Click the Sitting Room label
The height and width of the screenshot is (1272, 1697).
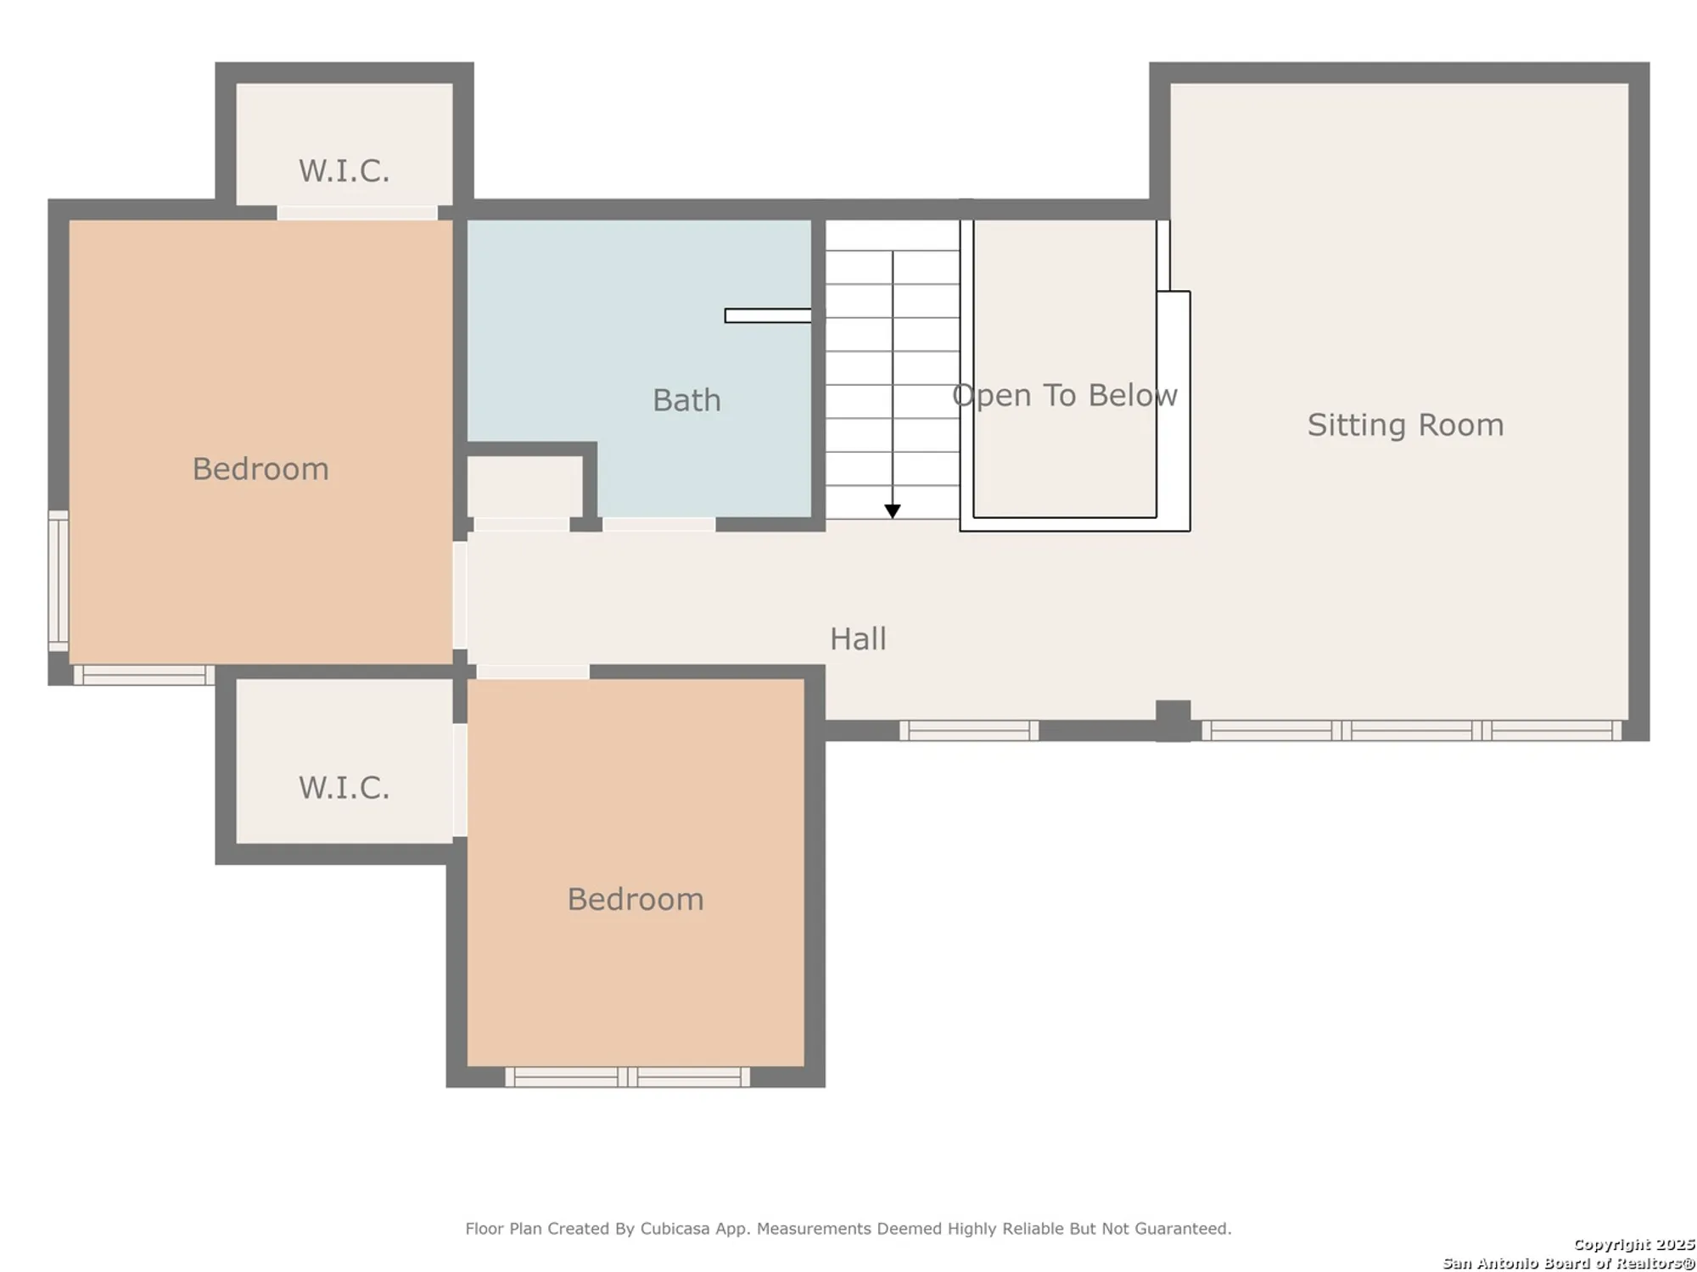1405,425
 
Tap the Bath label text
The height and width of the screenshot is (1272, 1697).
686,400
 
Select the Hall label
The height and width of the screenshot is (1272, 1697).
858,639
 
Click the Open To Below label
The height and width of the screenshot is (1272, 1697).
1064,395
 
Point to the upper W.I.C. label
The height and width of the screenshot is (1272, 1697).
344,171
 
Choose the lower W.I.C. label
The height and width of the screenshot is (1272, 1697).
344,788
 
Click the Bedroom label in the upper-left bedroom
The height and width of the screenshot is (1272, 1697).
260,469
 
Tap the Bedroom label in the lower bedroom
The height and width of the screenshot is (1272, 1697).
636,899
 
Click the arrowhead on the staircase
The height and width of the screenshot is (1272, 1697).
893,510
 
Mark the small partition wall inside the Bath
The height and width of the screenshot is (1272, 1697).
767,315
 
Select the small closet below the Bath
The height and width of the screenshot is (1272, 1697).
524,487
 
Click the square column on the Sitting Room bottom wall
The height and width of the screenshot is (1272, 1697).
1173,718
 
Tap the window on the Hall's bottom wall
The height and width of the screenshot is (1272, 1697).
969,730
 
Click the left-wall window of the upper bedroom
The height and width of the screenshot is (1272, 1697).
58,581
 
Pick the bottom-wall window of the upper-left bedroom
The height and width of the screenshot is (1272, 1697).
143,675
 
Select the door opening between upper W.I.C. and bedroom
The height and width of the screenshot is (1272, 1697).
357,212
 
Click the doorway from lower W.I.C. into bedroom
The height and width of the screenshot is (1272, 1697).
460,780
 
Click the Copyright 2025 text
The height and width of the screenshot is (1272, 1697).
1633,1244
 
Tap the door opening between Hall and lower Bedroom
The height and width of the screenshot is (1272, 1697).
532,672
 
